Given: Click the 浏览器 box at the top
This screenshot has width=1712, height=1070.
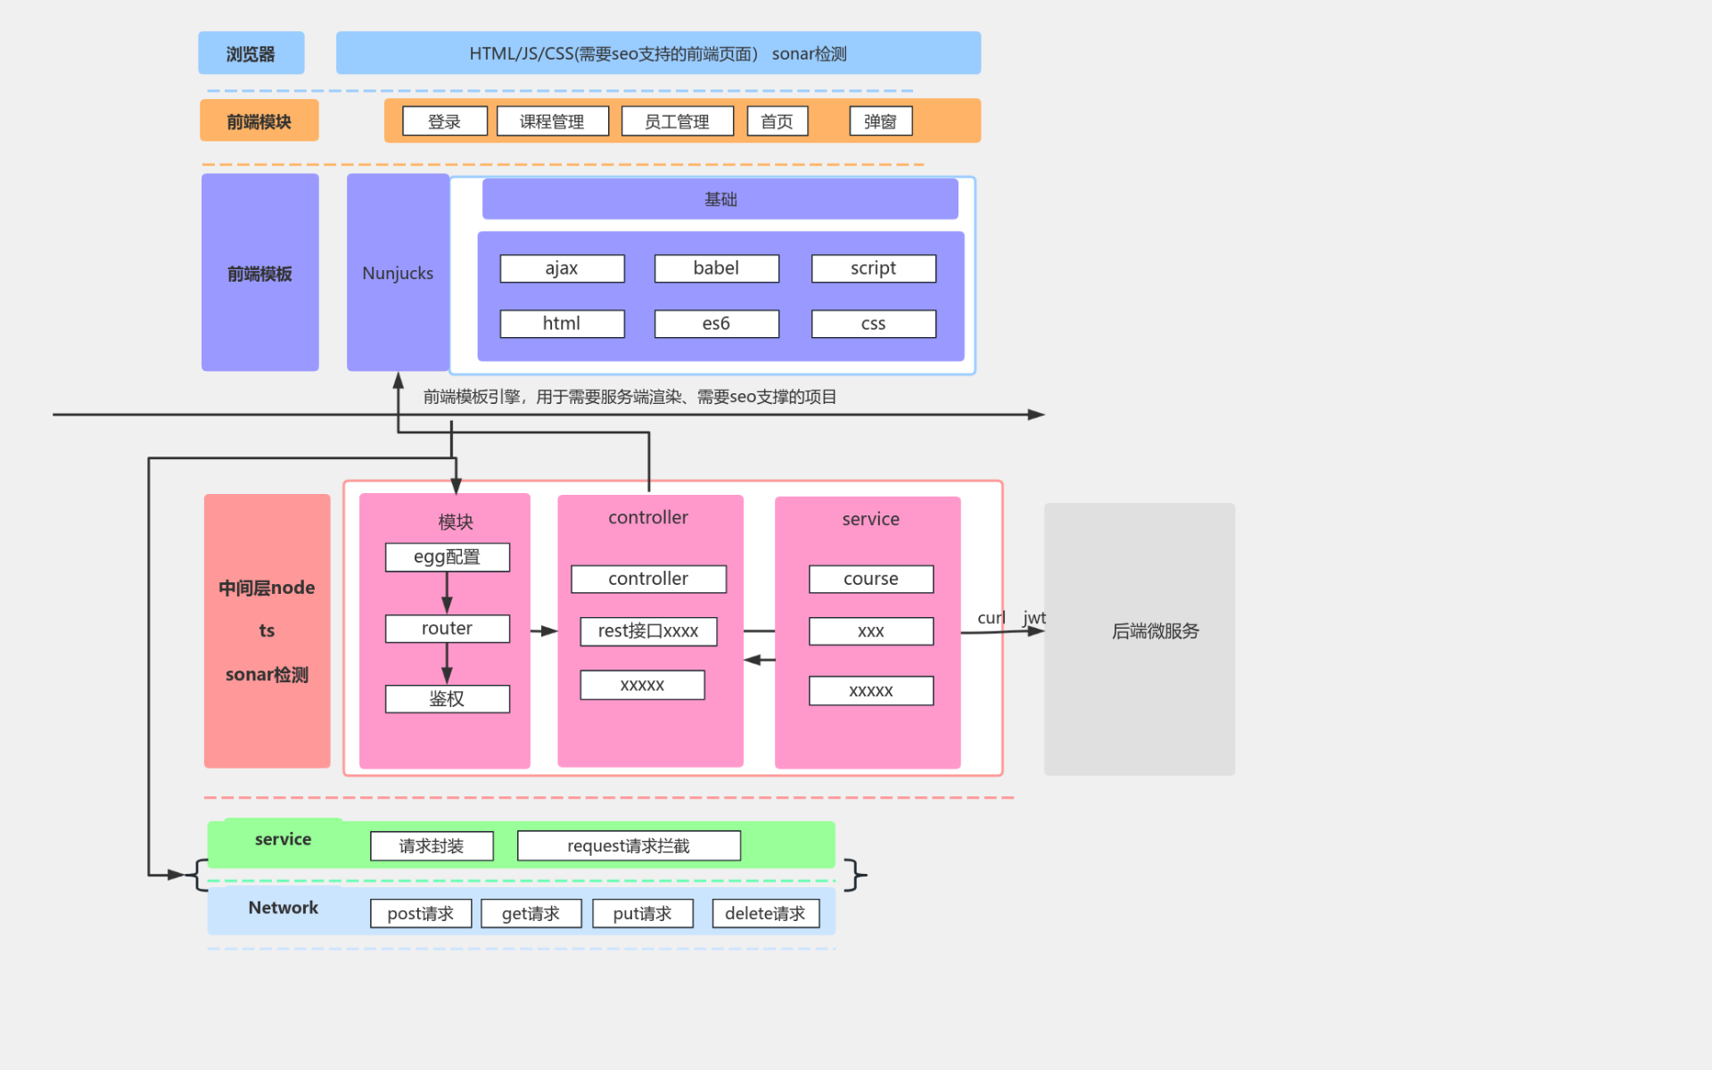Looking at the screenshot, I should click(251, 53).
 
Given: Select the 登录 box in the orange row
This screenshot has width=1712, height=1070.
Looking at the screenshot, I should click(444, 121).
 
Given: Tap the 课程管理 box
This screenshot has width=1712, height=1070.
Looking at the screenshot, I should click(552, 121).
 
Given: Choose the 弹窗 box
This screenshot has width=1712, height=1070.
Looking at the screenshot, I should click(880, 121).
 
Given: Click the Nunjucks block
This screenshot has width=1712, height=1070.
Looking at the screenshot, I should click(398, 273).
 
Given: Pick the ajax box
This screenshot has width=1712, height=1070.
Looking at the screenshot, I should click(562, 268).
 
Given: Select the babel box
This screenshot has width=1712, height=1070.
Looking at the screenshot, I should click(716, 268).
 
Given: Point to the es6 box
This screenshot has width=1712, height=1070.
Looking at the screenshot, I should click(716, 324).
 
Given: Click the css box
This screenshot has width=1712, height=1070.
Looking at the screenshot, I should click(873, 324).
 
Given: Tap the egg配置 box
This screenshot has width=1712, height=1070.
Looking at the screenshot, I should click(447, 557).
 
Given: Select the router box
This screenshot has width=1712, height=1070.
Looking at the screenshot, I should click(447, 629).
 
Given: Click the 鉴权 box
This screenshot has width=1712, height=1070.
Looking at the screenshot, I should click(447, 699).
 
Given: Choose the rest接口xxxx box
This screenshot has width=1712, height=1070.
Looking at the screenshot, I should click(648, 631).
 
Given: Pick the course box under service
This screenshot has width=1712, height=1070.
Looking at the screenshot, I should click(870, 579).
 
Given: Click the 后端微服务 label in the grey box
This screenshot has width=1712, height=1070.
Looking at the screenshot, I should click(1155, 631).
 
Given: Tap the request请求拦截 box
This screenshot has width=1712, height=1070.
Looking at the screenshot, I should click(629, 846).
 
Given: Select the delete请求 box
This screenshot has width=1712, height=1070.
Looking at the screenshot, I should click(765, 913).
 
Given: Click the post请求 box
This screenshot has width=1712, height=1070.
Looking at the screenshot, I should click(421, 913).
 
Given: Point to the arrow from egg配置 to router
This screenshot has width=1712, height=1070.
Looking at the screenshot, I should click(447, 592).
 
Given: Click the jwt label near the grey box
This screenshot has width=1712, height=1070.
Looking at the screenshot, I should click(1034, 617).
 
